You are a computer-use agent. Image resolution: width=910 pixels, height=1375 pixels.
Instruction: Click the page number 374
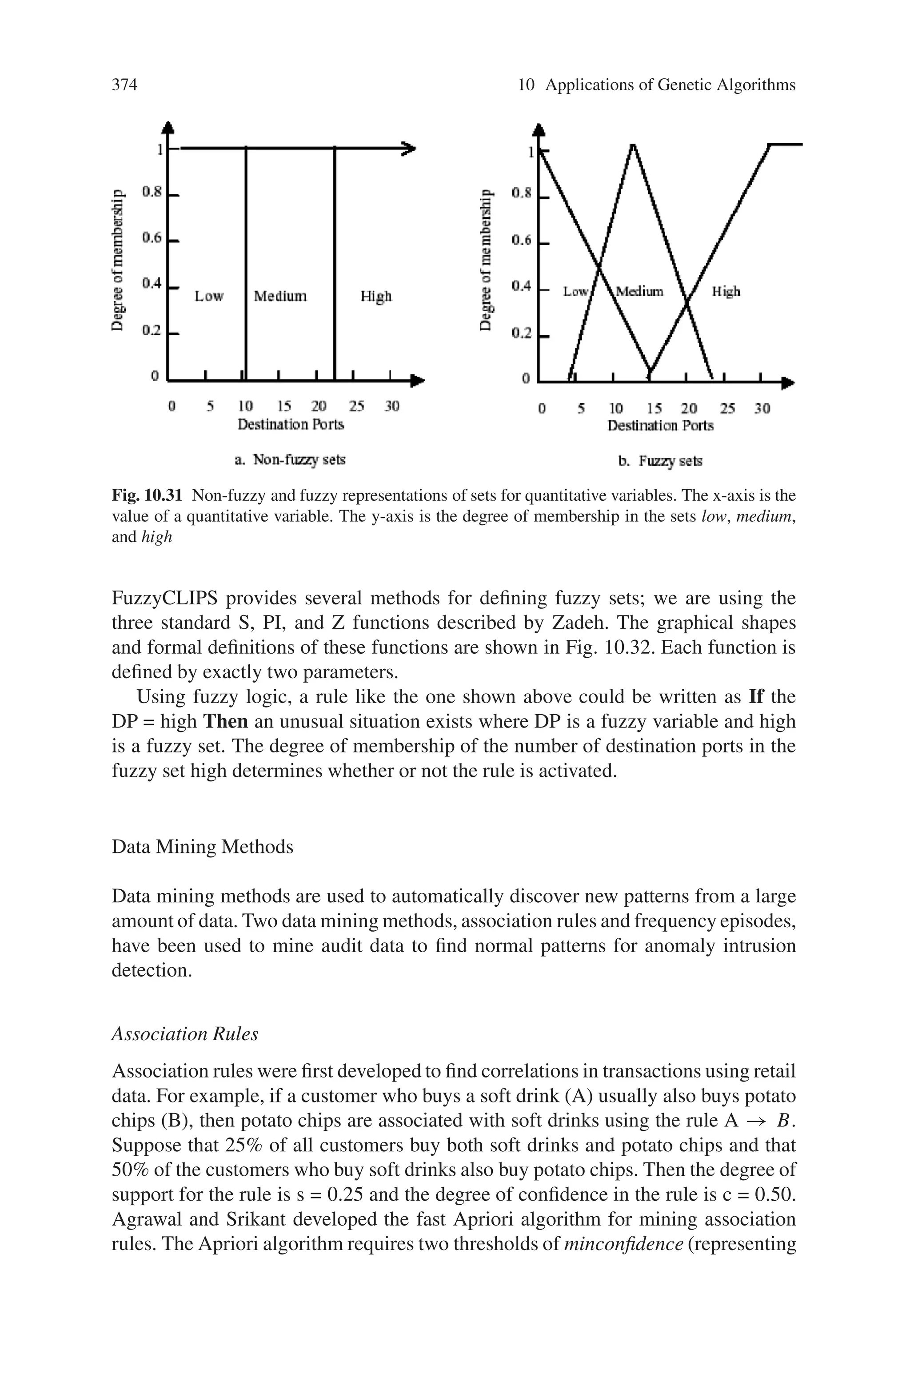tap(124, 85)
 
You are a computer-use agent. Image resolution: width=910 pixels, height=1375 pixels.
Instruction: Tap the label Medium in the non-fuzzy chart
tap(280, 296)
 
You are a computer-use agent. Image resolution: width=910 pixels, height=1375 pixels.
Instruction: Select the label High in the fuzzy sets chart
tap(726, 291)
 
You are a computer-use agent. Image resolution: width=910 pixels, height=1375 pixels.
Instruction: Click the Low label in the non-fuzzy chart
tap(209, 296)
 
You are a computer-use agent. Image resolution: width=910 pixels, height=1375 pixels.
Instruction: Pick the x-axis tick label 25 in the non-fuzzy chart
tap(356, 406)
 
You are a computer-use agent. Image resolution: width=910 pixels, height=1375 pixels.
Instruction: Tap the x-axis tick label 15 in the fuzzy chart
tap(654, 408)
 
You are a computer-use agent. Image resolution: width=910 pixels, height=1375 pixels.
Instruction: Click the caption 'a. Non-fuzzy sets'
tap(290, 460)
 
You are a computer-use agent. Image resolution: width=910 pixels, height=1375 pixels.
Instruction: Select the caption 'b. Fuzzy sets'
tap(660, 461)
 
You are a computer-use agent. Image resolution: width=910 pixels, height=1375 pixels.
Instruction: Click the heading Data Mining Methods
tap(202, 847)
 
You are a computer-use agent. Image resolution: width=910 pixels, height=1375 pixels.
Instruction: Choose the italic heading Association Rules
tap(184, 1034)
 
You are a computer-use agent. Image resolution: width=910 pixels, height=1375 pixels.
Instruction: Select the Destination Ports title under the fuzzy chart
tap(660, 426)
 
